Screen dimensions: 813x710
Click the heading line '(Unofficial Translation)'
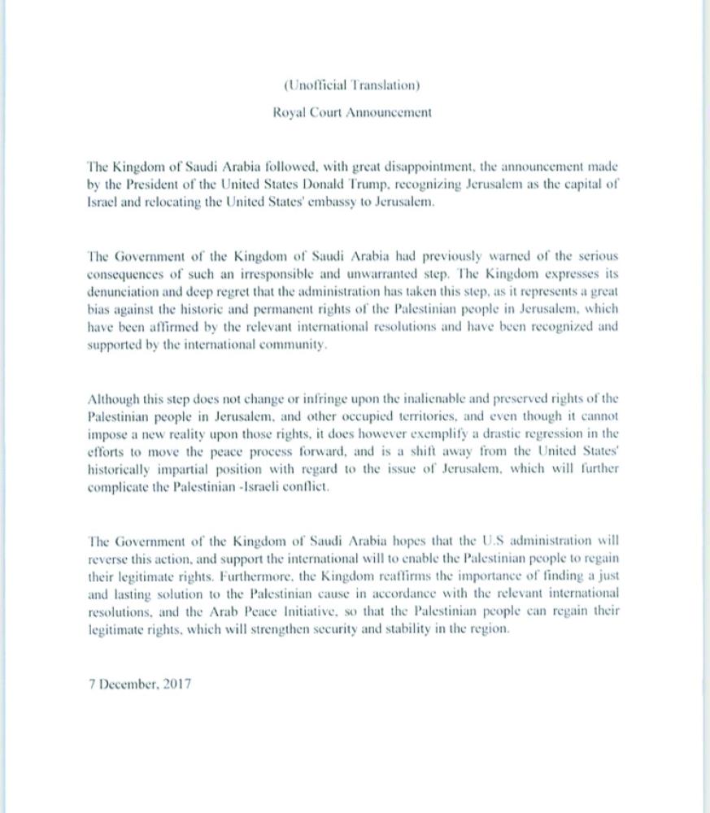point(352,85)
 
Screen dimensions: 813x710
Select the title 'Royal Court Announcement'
point(352,113)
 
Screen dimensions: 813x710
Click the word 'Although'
point(112,398)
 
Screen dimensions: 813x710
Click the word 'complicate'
point(116,488)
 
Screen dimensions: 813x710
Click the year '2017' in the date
point(176,683)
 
